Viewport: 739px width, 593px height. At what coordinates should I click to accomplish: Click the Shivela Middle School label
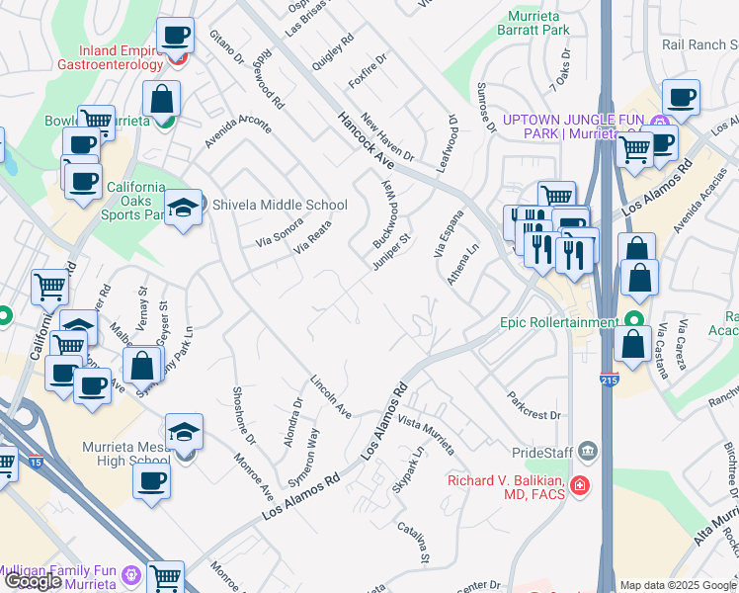click(281, 206)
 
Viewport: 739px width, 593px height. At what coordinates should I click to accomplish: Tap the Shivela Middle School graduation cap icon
click(183, 209)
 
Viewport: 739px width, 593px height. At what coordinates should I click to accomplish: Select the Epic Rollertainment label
click(557, 321)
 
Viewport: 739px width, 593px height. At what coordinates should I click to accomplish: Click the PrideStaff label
click(539, 453)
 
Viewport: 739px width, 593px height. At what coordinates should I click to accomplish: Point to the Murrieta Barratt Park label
click(538, 23)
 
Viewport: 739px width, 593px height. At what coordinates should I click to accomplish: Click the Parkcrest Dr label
click(534, 406)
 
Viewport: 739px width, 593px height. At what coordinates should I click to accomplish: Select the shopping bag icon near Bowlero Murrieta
click(160, 100)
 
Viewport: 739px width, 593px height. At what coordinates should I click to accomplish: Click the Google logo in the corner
click(34, 582)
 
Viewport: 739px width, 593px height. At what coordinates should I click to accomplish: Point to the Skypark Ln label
click(406, 465)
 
